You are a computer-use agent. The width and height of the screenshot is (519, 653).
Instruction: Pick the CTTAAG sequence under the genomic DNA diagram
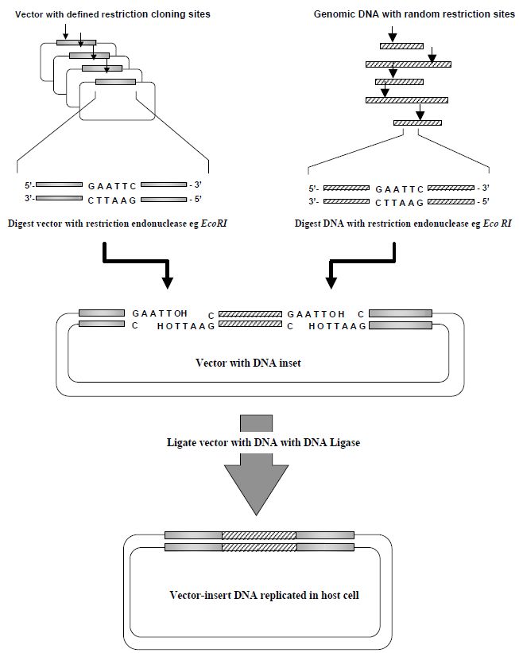click(398, 202)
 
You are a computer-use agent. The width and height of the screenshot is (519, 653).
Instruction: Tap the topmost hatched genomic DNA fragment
click(401, 46)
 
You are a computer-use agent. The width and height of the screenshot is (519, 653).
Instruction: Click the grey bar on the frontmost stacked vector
click(115, 81)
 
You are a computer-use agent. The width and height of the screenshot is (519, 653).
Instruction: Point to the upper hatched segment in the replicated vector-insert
click(258, 534)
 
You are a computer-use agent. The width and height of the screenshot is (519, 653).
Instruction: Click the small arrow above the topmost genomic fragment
click(391, 34)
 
